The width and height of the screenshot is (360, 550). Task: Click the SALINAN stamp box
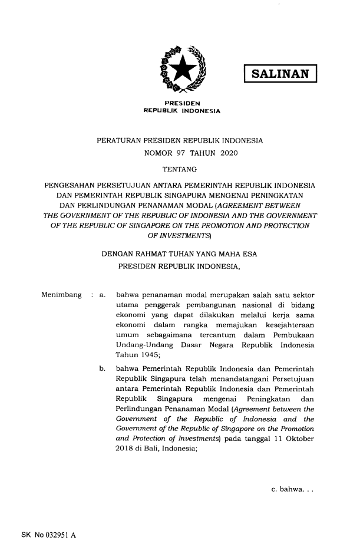point(280,74)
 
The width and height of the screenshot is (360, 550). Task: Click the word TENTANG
point(180,170)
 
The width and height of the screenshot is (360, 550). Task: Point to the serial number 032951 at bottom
point(48,536)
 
